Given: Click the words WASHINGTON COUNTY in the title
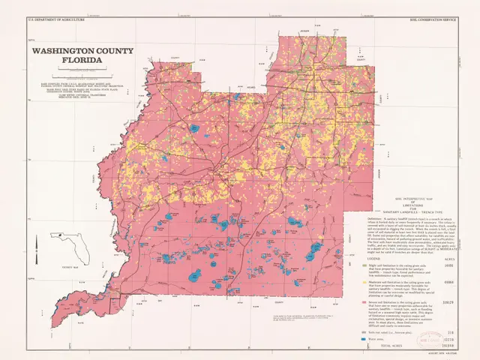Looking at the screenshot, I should pos(82,52).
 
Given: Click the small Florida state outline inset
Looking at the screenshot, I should pos(64,244).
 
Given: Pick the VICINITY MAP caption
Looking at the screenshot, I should pos(69,267).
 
